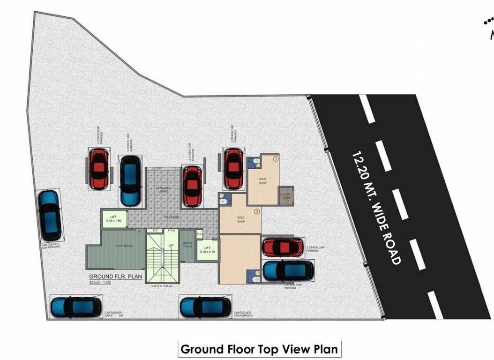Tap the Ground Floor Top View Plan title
click(x=259, y=349)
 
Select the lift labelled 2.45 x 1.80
click(x=114, y=218)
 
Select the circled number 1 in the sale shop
click(x=276, y=159)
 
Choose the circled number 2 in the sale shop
click(x=257, y=211)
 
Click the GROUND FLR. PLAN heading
click(x=115, y=277)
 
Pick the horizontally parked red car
click(x=283, y=247)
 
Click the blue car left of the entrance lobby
click(x=130, y=181)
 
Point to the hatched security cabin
click(x=286, y=195)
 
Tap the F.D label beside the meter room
click(x=199, y=233)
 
